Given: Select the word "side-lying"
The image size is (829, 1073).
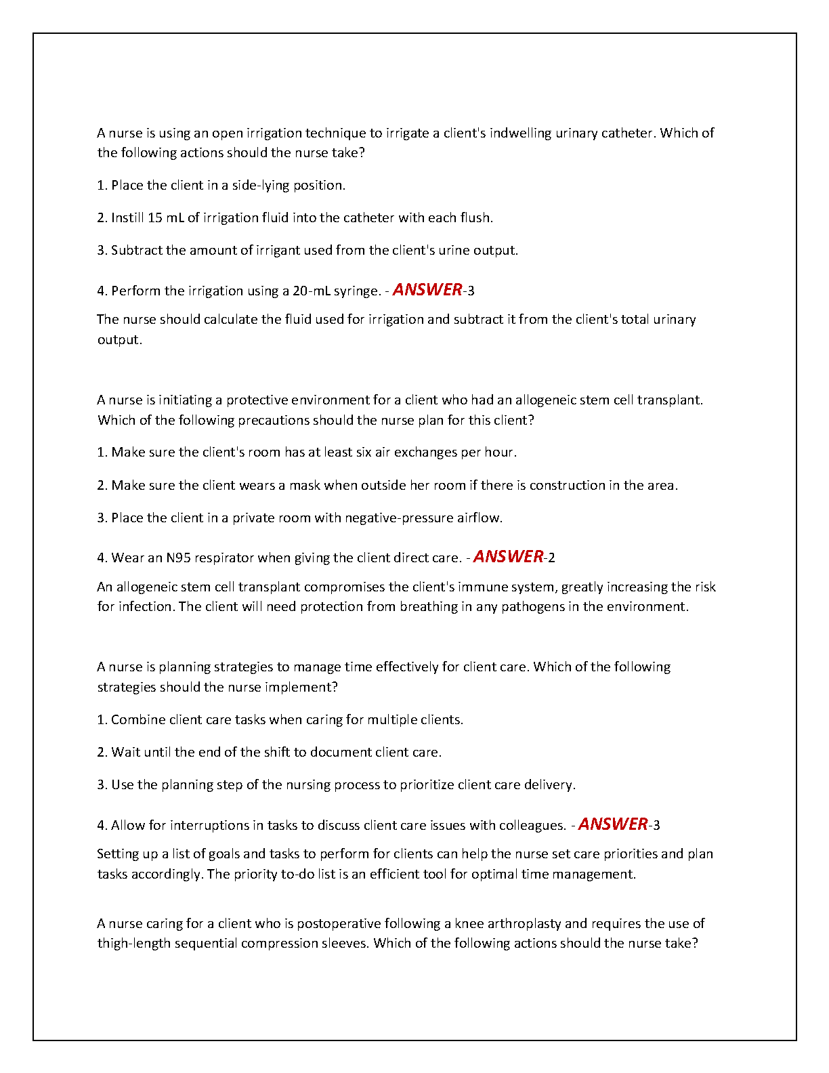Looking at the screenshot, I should point(261,185).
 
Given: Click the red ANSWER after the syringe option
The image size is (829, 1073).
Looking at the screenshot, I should point(427,289).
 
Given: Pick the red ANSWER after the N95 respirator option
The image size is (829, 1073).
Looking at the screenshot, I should point(508,556).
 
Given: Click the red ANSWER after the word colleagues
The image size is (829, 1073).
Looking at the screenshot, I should point(613,824).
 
